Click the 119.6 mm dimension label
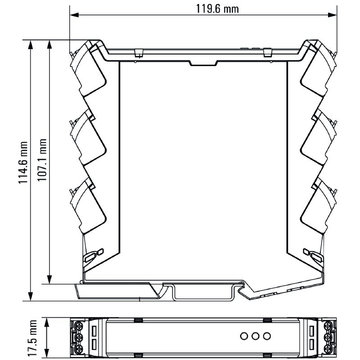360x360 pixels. point(217,9)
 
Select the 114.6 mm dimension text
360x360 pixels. point(23,162)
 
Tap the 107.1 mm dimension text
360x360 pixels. point(42,160)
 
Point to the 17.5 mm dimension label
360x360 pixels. point(32,338)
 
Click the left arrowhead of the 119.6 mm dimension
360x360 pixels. point(74,15)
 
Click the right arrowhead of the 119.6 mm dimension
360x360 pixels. point(332,15)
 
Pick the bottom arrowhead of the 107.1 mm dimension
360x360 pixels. point(49,279)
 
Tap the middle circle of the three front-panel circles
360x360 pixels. point(255,336)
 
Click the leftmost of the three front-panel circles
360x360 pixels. point(244,336)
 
